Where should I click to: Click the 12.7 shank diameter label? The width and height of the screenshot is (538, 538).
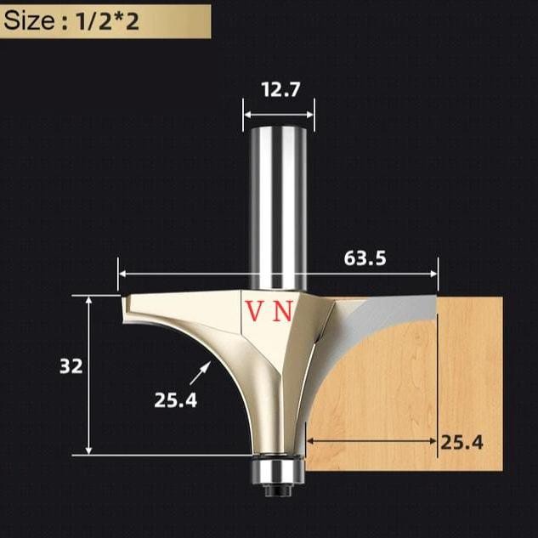point(278,88)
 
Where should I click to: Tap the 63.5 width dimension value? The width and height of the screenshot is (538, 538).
point(365,258)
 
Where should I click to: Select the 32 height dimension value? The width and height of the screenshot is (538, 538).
point(71,367)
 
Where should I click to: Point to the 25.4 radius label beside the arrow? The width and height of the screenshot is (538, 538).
point(175,399)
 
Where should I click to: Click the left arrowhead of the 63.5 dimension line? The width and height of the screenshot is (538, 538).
point(122,275)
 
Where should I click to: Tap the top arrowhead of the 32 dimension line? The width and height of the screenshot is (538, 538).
point(89,300)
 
